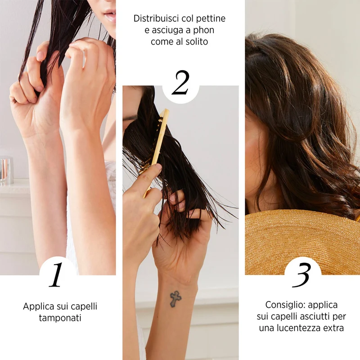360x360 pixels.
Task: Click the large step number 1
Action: click(x=56, y=274)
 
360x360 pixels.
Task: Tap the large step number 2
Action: click(x=180, y=83)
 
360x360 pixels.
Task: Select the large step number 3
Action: click(x=302, y=275)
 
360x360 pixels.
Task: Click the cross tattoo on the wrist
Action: click(x=175, y=299)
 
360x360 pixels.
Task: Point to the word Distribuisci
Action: click(x=156, y=18)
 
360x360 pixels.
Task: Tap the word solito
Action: click(x=197, y=41)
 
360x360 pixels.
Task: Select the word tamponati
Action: click(x=60, y=318)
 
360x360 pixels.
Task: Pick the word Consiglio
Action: click(x=285, y=305)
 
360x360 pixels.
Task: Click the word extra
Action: click(x=333, y=328)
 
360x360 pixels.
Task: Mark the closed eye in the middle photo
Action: click(x=129, y=119)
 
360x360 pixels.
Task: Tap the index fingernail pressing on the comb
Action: click(x=158, y=167)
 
